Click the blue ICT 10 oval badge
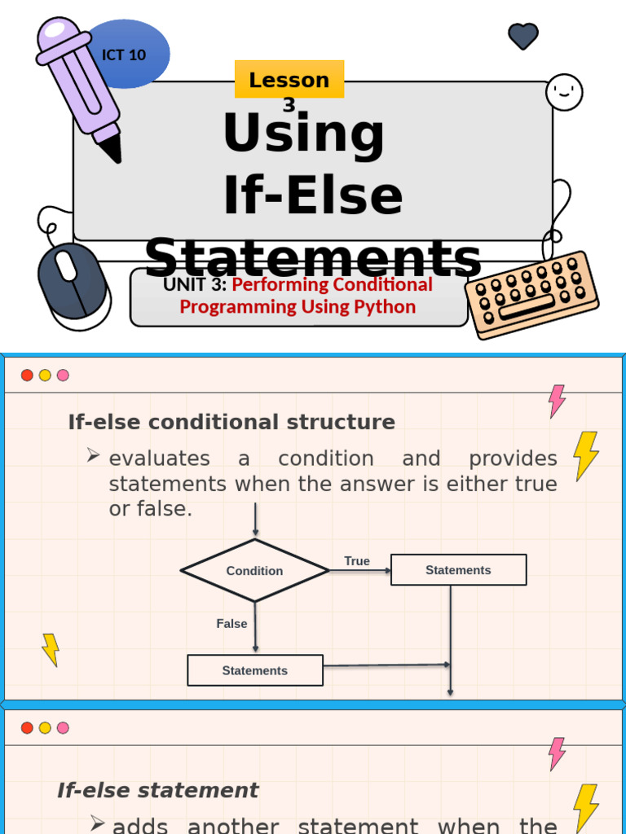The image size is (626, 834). (x=130, y=54)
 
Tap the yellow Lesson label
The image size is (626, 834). (x=289, y=80)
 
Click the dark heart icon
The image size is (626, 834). (x=523, y=35)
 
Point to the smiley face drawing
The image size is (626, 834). (x=564, y=91)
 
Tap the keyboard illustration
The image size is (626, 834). (x=532, y=293)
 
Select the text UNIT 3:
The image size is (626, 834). (x=195, y=284)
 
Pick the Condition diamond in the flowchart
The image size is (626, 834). (x=254, y=571)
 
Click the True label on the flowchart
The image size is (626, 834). (x=357, y=561)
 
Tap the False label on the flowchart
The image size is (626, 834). (x=231, y=624)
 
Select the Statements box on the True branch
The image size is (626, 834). (x=458, y=570)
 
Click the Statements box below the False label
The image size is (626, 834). (x=255, y=670)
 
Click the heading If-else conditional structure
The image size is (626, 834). (x=231, y=422)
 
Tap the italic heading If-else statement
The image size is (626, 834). (x=157, y=790)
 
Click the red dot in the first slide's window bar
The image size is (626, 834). (x=27, y=375)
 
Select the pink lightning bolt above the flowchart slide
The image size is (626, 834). (x=557, y=401)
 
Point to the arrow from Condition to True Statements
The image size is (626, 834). (x=359, y=571)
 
